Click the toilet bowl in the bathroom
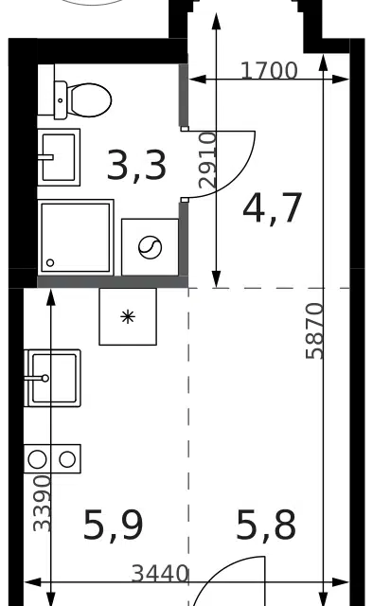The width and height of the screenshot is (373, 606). (90, 100)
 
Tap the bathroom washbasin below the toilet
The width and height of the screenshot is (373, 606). (59, 157)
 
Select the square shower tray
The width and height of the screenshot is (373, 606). (76, 238)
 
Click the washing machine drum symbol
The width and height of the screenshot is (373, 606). (150, 247)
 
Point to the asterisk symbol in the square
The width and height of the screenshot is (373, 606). (128, 317)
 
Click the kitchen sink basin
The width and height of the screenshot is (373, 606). (53, 378)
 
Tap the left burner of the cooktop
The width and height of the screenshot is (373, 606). (37, 459)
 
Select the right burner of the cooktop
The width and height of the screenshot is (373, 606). (67, 459)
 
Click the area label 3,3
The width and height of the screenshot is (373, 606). (136, 167)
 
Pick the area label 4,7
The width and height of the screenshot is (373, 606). (272, 207)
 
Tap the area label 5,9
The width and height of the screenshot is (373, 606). (114, 525)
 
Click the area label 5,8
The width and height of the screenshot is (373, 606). (266, 525)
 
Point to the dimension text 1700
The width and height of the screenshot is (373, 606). (270, 71)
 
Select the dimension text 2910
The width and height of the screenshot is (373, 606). (206, 160)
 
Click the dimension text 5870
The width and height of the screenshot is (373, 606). (314, 331)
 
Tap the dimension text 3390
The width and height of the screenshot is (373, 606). (43, 503)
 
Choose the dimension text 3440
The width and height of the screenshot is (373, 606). (160, 574)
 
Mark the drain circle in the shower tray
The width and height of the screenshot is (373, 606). (50, 263)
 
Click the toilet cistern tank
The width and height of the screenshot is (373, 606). (61, 100)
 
